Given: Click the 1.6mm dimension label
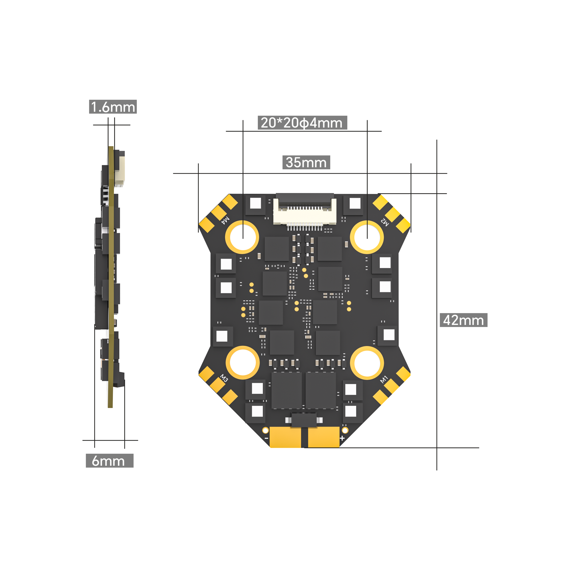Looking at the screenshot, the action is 113,107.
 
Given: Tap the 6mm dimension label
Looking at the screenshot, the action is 110,460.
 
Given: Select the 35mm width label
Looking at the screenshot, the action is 306,162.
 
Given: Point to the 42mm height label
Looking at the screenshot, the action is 464,320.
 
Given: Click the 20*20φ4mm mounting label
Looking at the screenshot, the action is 302,123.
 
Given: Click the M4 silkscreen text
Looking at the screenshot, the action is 225,220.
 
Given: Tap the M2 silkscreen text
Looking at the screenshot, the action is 385,222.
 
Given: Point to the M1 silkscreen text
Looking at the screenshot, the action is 384,379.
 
